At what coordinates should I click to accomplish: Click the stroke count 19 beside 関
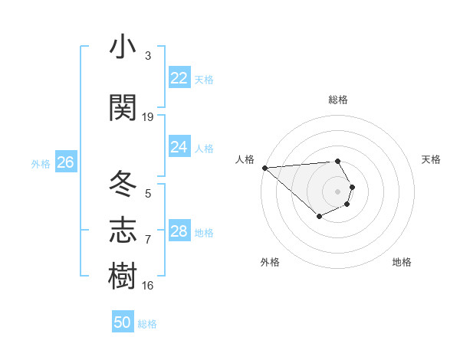pyautogui.click(x=148, y=117)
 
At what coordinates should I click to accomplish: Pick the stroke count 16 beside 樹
pyautogui.click(x=148, y=286)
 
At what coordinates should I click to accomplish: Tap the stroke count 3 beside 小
pyautogui.click(x=148, y=57)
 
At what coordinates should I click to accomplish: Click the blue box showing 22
pyautogui.click(x=179, y=78)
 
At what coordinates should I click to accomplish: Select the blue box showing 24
pyautogui.click(x=179, y=147)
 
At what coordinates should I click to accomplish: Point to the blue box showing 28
pyautogui.click(x=179, y=231)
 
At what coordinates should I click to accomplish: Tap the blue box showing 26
pyautogui.click(x=65, y=162)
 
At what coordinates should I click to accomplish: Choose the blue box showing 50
pyautogui.click(x=123, y=322)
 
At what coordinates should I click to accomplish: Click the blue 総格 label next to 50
pyautogui.click(x=147, y=324)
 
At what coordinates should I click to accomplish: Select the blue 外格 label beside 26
pyautogui.click(x=41, y=163)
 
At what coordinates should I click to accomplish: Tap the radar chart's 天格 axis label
pyautogui.click(x=432, y=159)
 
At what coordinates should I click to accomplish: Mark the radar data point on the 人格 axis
pyautogui.click(x=264, y=167)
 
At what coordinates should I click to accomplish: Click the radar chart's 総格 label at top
pyautogui.click(x=338, y=100)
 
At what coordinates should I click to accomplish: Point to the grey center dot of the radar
pyautogui.click(x=338, y=191)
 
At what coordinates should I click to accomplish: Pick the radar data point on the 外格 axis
pyautogui.click(x=319, y=218)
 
